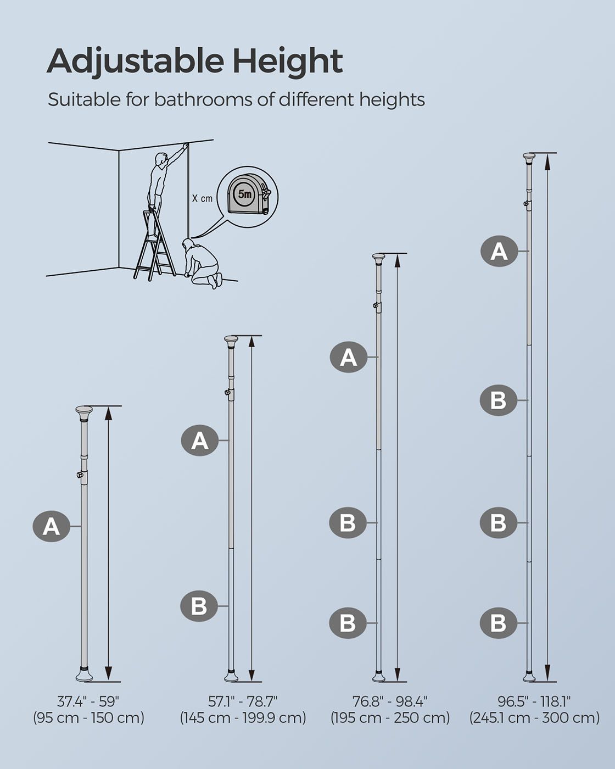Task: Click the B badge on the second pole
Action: (199, 606)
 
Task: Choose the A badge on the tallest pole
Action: (499, 252)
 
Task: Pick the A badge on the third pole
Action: (349, 358)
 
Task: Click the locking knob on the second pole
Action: (227, 392)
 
